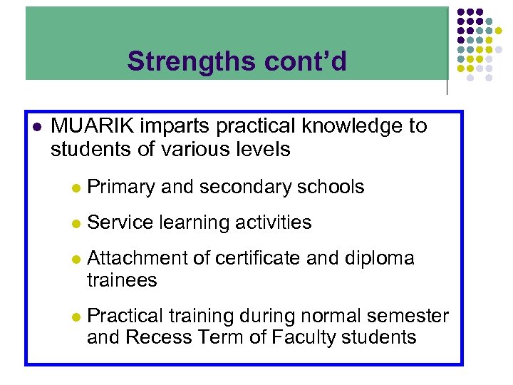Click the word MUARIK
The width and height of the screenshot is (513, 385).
pos(93,126)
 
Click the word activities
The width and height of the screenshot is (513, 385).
pos(271,222)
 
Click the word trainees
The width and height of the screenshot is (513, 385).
pos(122,280)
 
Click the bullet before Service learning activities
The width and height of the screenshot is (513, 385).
pos(75,224)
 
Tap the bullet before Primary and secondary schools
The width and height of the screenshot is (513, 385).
pos(75,188)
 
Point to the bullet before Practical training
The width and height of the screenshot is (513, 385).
pos(75,317)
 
